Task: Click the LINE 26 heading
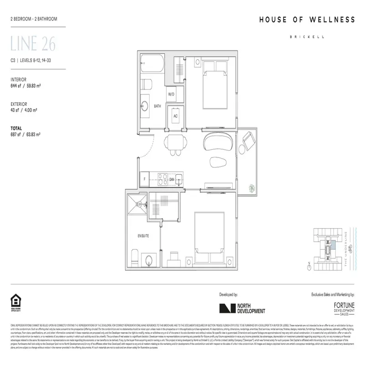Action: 33,45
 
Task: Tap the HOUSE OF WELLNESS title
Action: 307,20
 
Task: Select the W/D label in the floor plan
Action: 171,94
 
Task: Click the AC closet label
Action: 175,115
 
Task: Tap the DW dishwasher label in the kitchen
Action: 172,179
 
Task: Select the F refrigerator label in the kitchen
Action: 145,179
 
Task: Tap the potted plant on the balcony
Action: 252,187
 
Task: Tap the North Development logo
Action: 242,308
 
